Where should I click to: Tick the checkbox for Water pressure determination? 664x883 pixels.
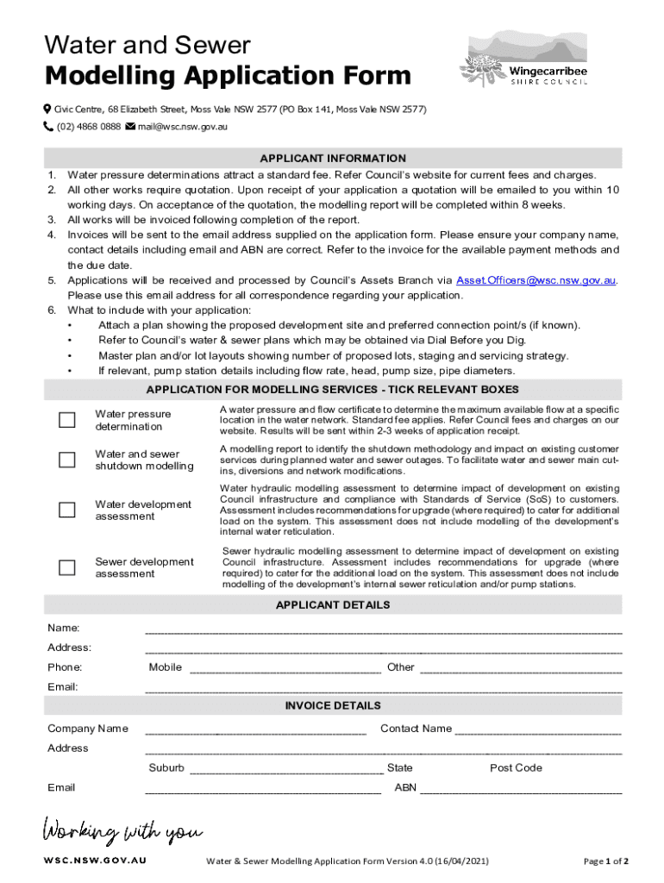tap(66, 420)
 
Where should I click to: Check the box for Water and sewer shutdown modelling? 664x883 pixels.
tap(66, 460)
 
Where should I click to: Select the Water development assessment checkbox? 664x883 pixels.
tap(66, 510)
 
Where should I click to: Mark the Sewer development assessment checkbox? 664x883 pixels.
tap(66, 567)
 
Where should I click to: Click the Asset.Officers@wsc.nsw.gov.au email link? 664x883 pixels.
tap(536, 280)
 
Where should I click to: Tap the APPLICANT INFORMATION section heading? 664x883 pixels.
tap(333, 159)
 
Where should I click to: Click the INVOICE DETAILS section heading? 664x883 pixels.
tap(333, 705)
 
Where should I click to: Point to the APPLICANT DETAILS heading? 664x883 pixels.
tap(333, 605)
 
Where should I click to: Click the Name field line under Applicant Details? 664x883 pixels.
tap(383, 630)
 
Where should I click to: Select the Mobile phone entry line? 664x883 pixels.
tap(285, 669)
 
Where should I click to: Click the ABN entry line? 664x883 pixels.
tap(520, 790)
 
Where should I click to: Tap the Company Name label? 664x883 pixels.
tap(88, 729)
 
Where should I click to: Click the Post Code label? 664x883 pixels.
tap(516, 768)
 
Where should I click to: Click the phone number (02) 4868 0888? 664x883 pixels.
tap(88, 127)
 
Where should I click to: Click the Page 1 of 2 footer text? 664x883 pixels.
tap(605, 861)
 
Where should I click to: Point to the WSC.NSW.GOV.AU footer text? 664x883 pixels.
tap(95, 861)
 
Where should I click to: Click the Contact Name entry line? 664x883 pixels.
tap(537, 732)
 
